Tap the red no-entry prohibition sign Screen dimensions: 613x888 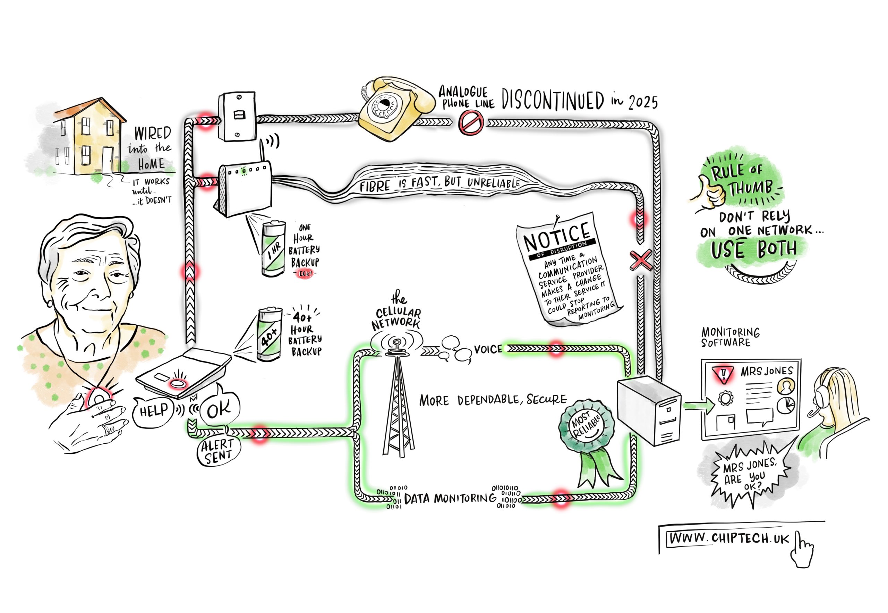click(x=470, y=123)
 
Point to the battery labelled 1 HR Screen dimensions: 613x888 click(x=273, y=249)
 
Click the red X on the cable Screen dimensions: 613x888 click(x=640, y=260)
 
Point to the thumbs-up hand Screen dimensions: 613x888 click(x=709, y=191)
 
